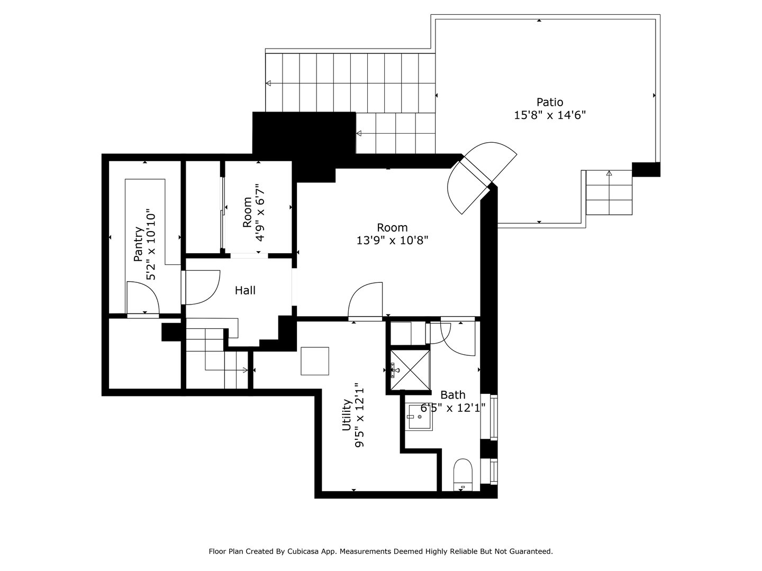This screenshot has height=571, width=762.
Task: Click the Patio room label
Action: [x=550, y=102]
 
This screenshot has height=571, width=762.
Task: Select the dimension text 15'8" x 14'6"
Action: [x=550, y=115]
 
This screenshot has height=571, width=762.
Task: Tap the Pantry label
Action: [x=138, y=244]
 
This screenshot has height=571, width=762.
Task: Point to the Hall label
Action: [x=245, y=290]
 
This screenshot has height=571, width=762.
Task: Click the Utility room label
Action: [x=347, y=415]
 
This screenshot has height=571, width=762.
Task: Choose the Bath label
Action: [x=453, y=394]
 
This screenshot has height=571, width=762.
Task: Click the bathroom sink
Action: [x=419, y=417]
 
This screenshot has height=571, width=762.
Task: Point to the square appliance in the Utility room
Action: [x=315, y=361]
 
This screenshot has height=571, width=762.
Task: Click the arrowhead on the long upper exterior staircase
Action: [x=269, y=83]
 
